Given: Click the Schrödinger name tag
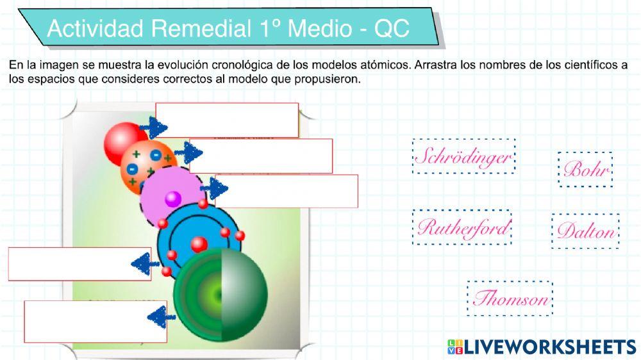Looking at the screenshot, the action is (x=463, y=156).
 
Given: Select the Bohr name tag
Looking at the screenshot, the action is (x=585, y=169).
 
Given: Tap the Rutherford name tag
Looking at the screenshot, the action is (x=462, y=227).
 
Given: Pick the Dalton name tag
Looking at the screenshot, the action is (x=585, y=231).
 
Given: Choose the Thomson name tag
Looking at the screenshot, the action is (x=510, y=299).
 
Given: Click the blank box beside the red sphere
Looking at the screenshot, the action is (x=227, y=120).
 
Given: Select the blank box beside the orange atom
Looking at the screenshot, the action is (x=261, y=156).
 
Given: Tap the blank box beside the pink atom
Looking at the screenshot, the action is (x=286, y=192).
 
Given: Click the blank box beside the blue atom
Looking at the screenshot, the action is (x=79, y=264).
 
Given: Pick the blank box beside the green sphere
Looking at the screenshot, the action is (x=96, y=322).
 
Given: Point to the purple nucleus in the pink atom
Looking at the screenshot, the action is (x=173, y=199).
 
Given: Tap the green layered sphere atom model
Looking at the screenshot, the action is (x=221, y=294).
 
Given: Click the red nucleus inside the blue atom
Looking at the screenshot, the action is (x=199, y=244).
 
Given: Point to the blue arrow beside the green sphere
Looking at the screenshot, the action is (x=161, y=316).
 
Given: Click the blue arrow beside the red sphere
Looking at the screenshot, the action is (x=153, y=127).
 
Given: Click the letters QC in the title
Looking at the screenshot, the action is (x=392, y=29).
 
